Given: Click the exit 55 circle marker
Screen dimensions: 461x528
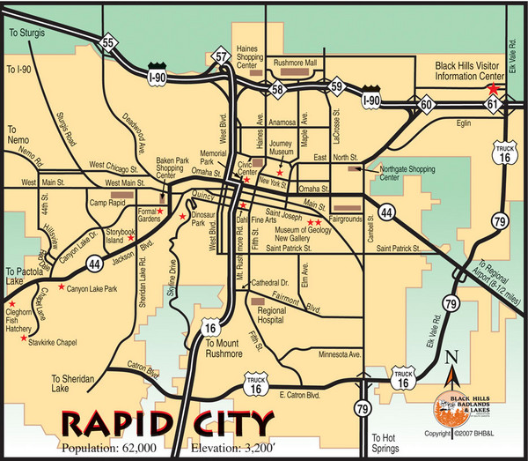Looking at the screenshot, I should [x=108, y=41].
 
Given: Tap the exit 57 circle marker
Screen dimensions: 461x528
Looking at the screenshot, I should [x=222, y=56].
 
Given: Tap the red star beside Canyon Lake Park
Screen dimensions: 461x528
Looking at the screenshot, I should [x=61, y=287].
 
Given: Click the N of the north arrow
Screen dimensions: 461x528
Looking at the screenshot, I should [x=454, y=355].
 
